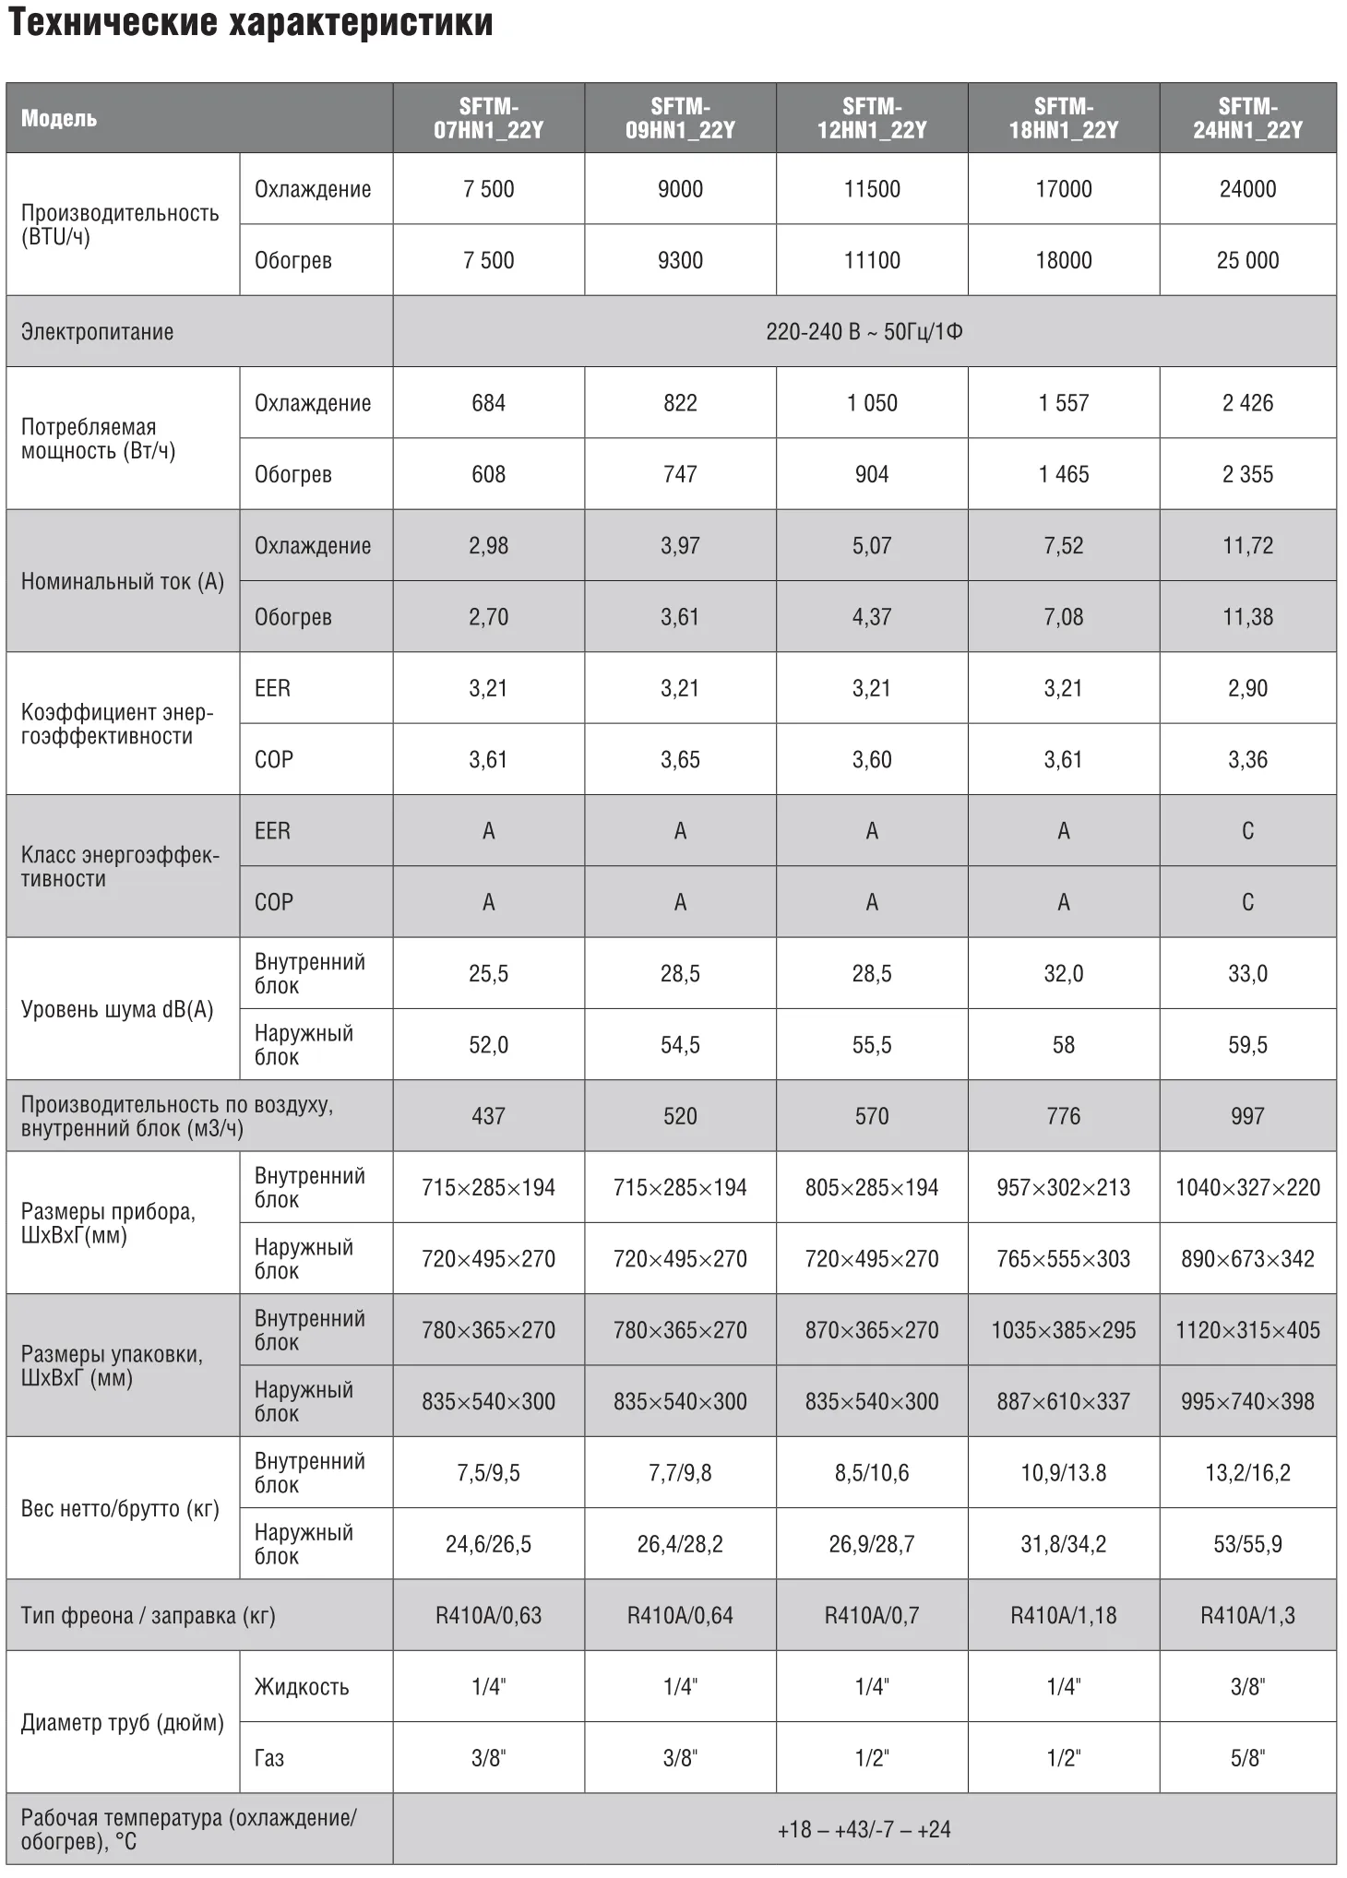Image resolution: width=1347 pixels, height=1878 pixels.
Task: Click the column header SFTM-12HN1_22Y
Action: pos(871,118)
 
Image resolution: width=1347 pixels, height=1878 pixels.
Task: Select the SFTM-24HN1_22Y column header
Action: pos(1247,118)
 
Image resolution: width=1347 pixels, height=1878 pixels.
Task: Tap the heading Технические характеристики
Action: pos(250,23)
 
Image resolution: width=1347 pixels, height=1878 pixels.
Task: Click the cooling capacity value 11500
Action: pos(871,189)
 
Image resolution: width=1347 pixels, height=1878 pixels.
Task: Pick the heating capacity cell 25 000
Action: pos(1247,260)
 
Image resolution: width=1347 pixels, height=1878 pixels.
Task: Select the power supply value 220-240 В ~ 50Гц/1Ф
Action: pos(864,331)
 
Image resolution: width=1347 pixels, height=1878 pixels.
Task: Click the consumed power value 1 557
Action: pos(1063,403)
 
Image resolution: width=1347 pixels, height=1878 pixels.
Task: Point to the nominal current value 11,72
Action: pos(1247,545)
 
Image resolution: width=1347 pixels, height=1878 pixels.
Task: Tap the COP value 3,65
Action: pos(680,759)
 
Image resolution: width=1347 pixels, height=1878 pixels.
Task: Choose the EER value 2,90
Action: pos(1247,688)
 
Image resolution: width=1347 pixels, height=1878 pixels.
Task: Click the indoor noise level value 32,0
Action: pos(1063,973)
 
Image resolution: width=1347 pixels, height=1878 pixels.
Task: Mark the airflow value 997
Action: pos(1247,1116)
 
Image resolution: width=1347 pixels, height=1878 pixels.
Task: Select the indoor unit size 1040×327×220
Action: pos(1247,1187)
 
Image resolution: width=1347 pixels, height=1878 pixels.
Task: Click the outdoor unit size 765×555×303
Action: pos(1063,1258)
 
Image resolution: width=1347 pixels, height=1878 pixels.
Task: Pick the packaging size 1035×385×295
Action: pos(1063,1330)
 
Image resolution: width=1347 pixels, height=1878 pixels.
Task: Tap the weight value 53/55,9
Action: pos(1247,1543)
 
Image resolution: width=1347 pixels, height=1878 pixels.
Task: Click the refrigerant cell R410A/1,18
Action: pos(1063,1615)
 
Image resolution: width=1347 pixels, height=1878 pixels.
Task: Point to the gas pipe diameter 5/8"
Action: pos(1247,1757)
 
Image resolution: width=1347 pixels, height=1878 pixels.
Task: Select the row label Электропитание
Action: pos(97,331)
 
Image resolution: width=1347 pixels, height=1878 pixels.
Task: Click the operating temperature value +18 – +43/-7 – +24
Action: pos(864,1828)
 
